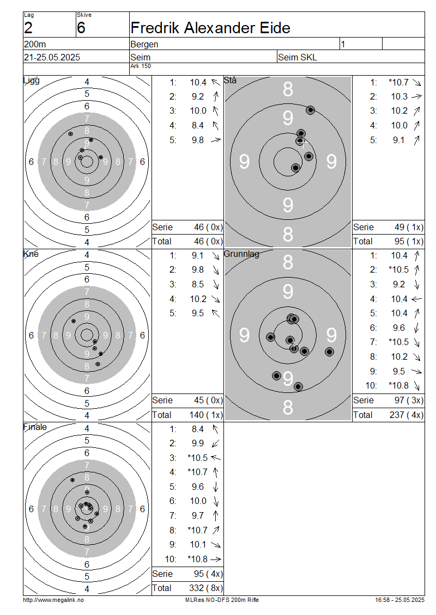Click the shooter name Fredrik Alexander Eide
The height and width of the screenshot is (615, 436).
coord(210,28)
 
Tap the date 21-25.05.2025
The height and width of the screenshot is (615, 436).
coord(52,57)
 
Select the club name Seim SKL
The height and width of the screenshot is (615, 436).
coord(298,57)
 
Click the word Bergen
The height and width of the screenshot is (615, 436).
coord(144,44)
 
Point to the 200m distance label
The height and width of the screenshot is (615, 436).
coord(35,44)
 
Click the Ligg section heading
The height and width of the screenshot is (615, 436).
coord(32,81)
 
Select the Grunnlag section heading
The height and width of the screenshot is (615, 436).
coord(241,254)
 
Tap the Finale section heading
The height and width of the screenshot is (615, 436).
coord(35,427)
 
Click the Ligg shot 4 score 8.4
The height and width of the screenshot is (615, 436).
coord(198,126)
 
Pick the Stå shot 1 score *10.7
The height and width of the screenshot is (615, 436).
coord(398,82)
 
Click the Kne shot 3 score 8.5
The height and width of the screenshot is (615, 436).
coord(198,284)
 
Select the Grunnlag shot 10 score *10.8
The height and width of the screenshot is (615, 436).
coord(398,385)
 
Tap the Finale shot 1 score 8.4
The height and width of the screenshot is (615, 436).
coord(198,429)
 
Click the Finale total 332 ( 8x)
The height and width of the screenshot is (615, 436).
coord(206,588)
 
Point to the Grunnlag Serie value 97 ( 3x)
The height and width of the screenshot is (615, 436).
coord(409,400)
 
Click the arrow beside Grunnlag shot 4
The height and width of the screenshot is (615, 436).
coord(416,299)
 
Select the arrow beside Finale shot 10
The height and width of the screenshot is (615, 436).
coord(216,559)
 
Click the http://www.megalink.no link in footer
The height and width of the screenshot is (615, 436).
coord(53,600)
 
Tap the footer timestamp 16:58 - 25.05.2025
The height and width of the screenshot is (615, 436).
coord(399,600)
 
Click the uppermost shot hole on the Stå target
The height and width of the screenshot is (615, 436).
coord(310,110)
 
